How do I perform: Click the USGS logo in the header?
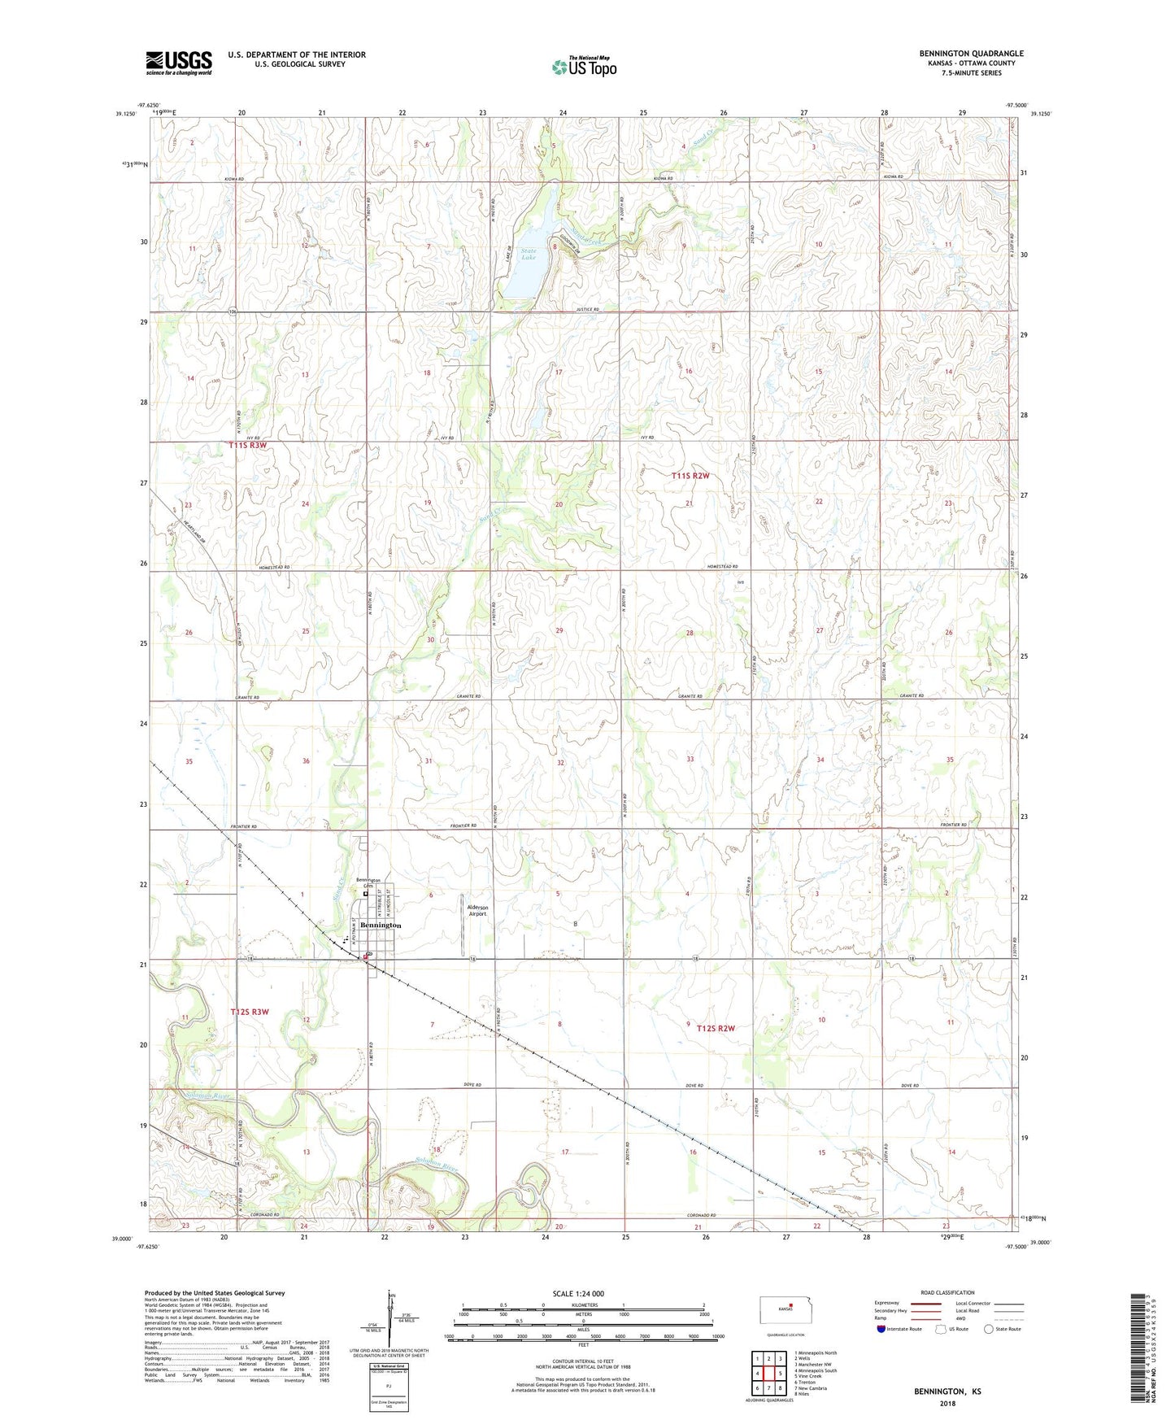click(178, 63)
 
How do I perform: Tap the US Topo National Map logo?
click(584, 66)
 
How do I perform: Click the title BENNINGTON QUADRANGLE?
click(971, 54)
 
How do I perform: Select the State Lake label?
click(517, 255)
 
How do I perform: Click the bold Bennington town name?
click(381, 926)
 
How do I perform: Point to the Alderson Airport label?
click(477, 910)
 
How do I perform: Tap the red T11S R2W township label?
click(690, 476)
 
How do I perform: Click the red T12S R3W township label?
click(249, 1012)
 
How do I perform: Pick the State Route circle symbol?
click(989, 1329)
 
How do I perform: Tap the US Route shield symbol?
click(941, 1329)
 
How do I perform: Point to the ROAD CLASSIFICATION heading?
click(947, 1292)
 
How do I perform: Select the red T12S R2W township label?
click(715, 1029)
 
